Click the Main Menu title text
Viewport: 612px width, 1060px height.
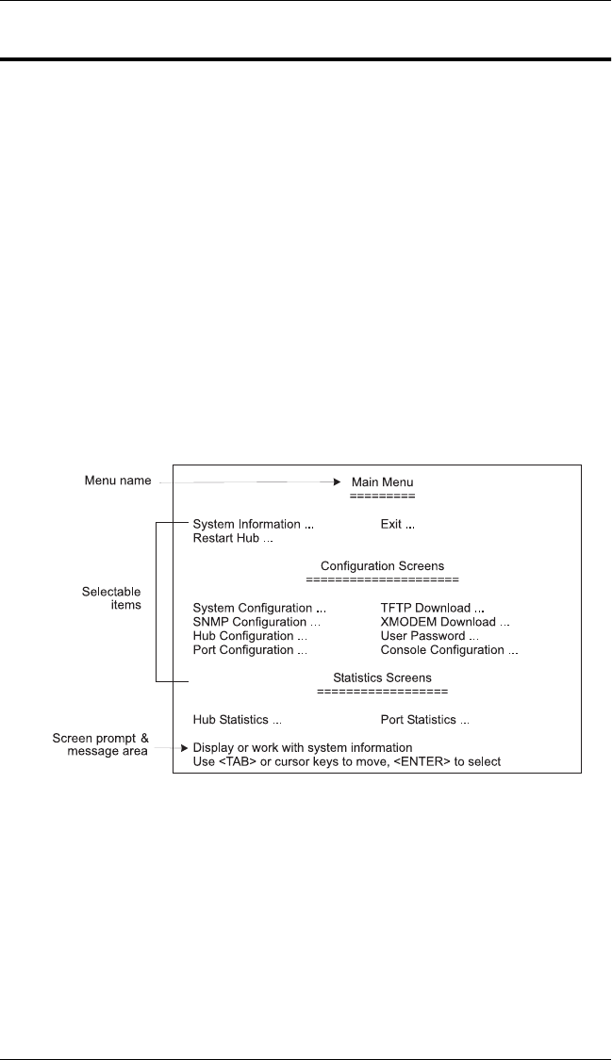[x=382, y=481]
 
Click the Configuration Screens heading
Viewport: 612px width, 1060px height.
[x=382, y=565]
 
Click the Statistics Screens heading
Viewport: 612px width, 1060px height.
[x=382, y=677]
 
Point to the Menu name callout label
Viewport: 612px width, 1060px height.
[x=115, y=481]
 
